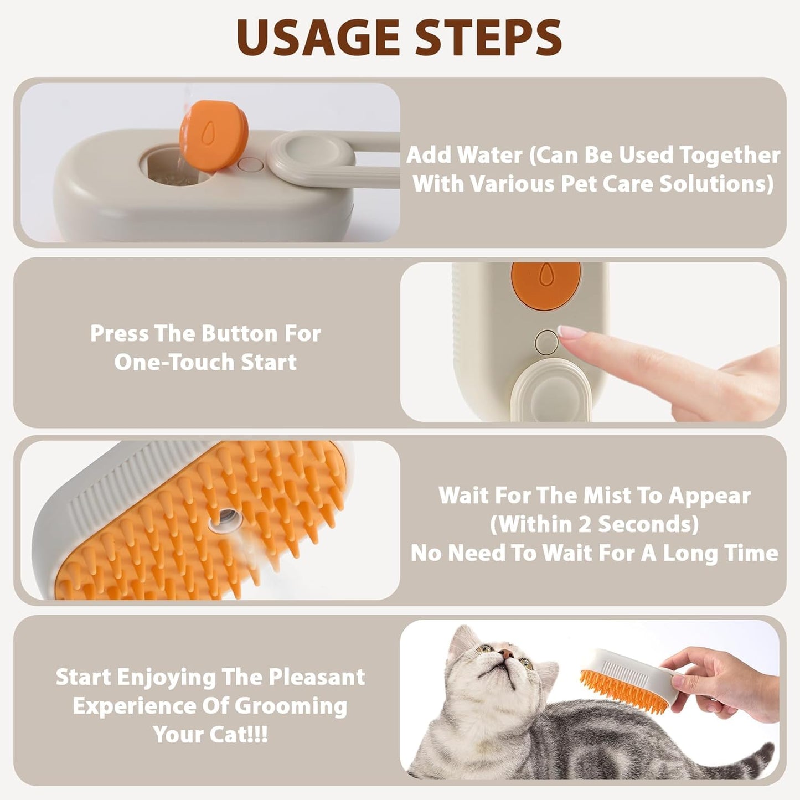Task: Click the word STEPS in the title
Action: (481, 38)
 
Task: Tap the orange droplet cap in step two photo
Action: (545, 282)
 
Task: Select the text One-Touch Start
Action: (205, 362)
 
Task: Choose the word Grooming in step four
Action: (291, 706)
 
